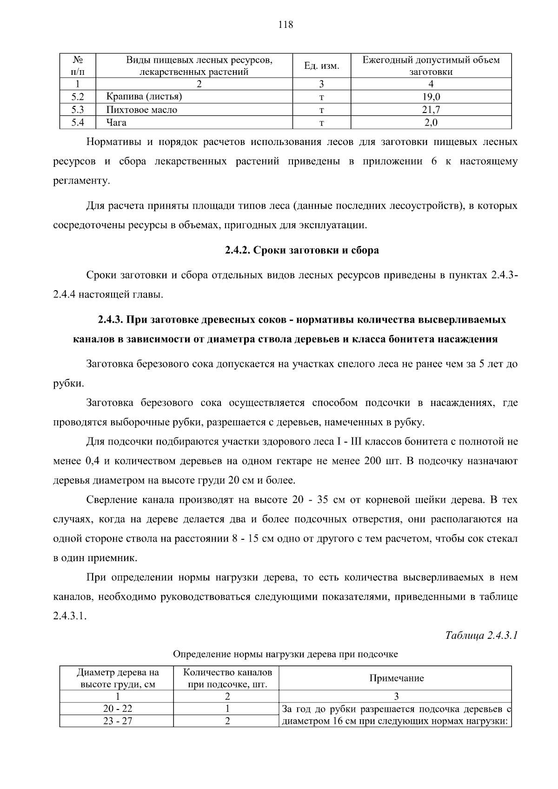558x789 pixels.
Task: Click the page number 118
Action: (x=286, y=25)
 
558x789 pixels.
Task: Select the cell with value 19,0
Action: (x=431, y=97)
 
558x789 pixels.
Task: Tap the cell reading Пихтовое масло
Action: (x=142, y=110)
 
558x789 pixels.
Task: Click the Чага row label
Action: (x=116, y=123)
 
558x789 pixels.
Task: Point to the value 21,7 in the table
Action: (x=431, y=110)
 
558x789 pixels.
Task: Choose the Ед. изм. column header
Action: (x=321, y=66)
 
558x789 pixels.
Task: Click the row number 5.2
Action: (x=78, y=97)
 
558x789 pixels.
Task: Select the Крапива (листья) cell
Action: (x=144, y=97)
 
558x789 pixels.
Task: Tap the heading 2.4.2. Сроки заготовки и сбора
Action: (x=302, y=250)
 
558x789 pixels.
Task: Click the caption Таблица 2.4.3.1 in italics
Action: (x=481, y=635)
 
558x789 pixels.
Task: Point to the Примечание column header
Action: (x=396, y=678)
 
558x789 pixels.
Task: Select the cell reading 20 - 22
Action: (x=117, y=709)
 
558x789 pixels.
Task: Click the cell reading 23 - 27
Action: (x=117, y=721)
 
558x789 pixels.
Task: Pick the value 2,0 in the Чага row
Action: (x=431, y=123)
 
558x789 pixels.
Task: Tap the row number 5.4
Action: (x=78, y=123)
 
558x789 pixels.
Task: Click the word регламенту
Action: (x=82, y=181)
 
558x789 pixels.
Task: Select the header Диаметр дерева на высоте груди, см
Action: (x=117, y=678)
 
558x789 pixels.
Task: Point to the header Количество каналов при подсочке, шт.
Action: (x=227, y=678)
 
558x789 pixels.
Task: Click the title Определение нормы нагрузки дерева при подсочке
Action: (x=285, y=654)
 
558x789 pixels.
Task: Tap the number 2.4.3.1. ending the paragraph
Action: (x=70, y=617)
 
